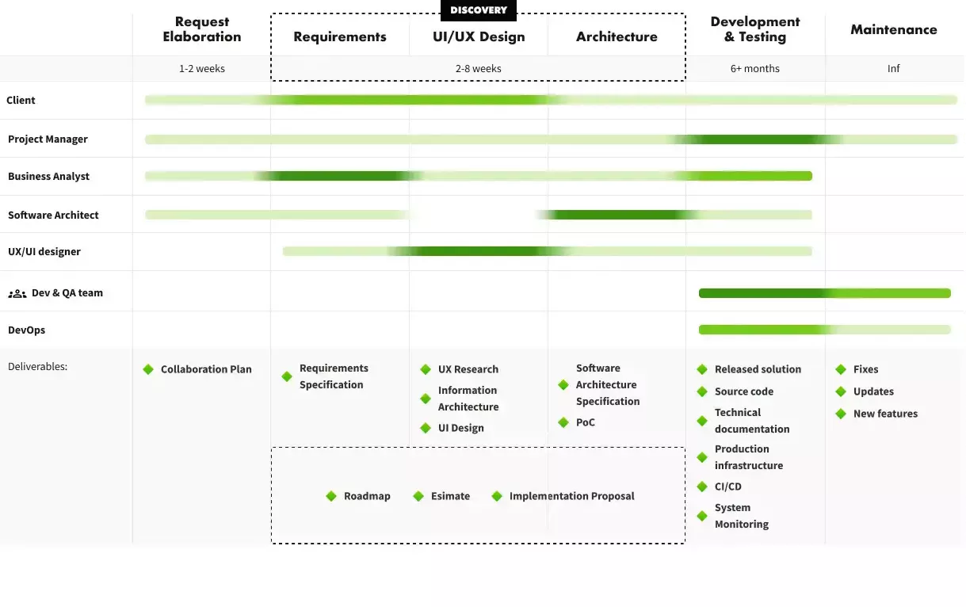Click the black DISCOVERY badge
(x=479, y=10)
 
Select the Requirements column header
(x=340, y=36)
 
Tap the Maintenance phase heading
(x=893, y=29)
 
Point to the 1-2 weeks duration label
(x=202, y=69)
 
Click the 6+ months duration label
(x=754, y=69)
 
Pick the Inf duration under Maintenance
(x=893, y=69)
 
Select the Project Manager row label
(x=48, y=139)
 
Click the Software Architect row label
(x=53, y=215)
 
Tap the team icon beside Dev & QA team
(x=17, y=293)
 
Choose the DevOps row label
(x=26, y=330)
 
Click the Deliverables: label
(x=37, y=367)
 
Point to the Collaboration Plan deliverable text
(x=206, y=369)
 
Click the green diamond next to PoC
(x=563, y=422)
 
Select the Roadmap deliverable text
(x=367, y=496)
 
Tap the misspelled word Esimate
(x=450, y=496)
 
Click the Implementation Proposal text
(x=571, y=496)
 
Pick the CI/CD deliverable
(x=727, y=487)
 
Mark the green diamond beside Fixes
(x=841, y=369)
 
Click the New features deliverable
(x=885, y=414)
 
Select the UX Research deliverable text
(x=468, y=369)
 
